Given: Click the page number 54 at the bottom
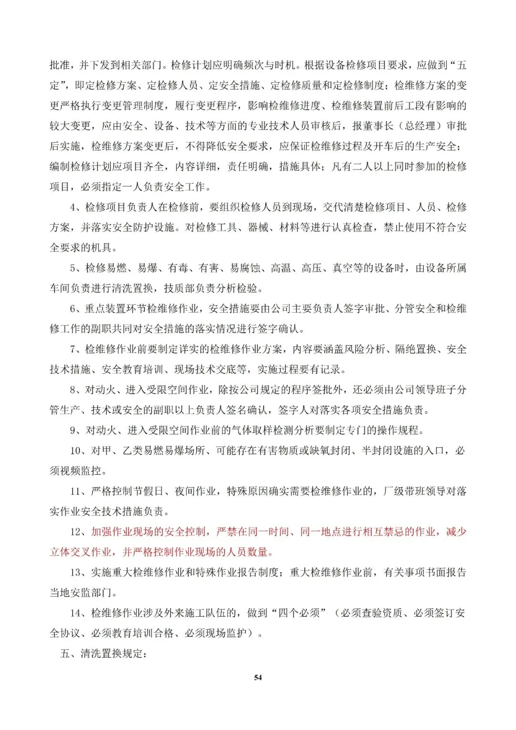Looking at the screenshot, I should (x=258, y=677).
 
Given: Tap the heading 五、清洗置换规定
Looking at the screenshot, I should (x=103, y=654).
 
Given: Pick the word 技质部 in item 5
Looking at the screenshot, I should (x=179, y=288).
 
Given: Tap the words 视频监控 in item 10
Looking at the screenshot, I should (x=81, y=471).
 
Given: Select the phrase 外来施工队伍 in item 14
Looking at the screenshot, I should (x=193, y=613).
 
